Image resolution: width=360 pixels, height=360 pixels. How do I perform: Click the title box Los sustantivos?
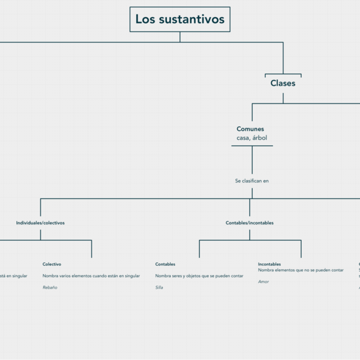[180, 20]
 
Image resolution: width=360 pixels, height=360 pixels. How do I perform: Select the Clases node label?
[283, 83]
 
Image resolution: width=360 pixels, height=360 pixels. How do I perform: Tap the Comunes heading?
[251, 129]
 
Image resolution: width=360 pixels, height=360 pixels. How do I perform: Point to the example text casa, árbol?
[252, 138]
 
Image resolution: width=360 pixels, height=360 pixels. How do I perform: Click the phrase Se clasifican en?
[252, 181]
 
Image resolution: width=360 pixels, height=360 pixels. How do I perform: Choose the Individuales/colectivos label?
[41, 223]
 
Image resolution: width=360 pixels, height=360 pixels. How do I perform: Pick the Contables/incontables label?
[249, 223]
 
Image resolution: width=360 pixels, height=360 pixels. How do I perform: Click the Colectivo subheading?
[52, 264]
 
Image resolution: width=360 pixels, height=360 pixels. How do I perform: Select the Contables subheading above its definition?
[165, 264]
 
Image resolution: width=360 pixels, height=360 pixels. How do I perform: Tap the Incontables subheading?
[269, 264]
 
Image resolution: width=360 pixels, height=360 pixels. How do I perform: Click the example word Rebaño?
[50, 287]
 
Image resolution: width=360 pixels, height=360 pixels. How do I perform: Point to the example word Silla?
[159, 287]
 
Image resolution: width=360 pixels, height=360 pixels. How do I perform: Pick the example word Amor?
[263, 281]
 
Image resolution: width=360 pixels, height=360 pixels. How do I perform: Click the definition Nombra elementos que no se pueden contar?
[300, 270]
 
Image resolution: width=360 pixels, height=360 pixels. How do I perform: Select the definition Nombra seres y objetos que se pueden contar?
[199, 276]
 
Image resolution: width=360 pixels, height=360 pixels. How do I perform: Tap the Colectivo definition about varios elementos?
[91, 276]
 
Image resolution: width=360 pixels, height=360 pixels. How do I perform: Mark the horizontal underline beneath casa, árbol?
[252, 145]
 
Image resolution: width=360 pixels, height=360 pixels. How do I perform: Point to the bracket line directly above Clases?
[283, 74]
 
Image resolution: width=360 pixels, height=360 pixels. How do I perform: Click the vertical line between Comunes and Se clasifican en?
[252, 160]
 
